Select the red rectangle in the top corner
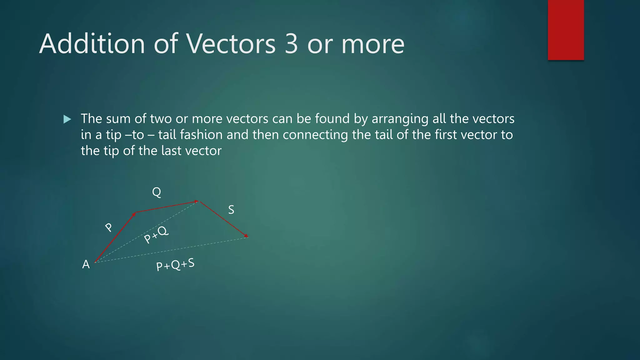click(x=566, y=30)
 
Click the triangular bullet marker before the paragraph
click(x=67, y=119)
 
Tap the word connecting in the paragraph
click(x=315, y=135)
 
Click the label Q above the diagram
click(x=157, y=192)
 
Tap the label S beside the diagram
click(x=231, y=210)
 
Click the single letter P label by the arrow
click(x=108, y=227)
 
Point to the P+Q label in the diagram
click(x=156, y=235)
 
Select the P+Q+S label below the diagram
click(x=175, y=265)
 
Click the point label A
click(x=86, y=265)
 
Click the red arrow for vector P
click(x=115, y=237)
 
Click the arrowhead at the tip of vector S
click(x=246, y=236)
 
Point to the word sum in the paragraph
click(x=117, y=119)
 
